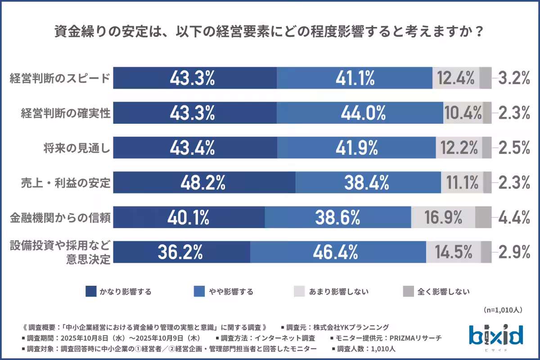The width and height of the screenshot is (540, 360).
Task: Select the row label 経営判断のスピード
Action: click(60, 78)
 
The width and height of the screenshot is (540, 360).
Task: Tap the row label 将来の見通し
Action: click(77, 148)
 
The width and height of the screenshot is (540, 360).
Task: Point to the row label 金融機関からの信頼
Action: click(60, 218)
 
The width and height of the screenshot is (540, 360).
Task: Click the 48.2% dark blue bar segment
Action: click(203, 183)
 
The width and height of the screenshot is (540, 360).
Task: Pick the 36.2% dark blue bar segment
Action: click(181, 252)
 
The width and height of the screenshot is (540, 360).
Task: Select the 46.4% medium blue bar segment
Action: click(337, 252)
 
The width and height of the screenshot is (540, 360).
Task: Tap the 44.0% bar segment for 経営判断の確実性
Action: click(360, 113)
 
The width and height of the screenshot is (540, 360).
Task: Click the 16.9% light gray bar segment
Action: click(443, 218)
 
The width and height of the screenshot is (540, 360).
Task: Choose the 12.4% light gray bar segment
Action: click(456, 78)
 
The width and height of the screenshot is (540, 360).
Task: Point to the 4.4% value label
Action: click(513, 218)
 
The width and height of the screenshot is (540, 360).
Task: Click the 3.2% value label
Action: click(513, 78)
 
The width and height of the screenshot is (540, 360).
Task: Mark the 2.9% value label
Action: click(513, 252)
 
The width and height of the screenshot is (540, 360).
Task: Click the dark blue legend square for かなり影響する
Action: click(91, 292)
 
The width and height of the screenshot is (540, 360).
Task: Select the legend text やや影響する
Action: click(231, 292)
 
